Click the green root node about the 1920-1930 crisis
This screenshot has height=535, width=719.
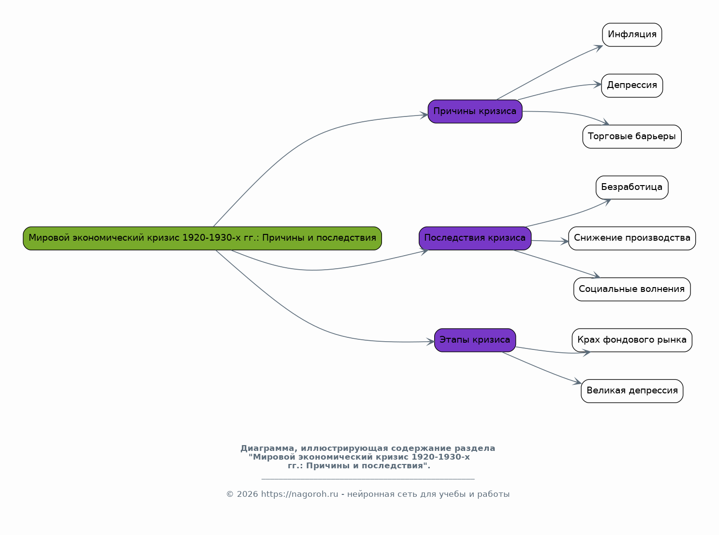point(202,238)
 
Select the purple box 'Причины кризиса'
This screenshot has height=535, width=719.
point(475,112)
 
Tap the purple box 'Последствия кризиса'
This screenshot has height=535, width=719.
point(475,238)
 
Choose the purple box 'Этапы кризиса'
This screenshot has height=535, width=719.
point(475,340)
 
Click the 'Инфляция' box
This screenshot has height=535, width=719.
point(632,35)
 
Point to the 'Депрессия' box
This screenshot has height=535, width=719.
point(632,86)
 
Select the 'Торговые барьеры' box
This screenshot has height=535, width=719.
point(632,137)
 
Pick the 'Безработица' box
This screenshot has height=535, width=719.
point(632,188)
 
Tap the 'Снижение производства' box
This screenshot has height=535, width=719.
point(632,238)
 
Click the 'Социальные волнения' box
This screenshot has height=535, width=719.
point(632,289)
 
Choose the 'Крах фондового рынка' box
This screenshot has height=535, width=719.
point(632,340)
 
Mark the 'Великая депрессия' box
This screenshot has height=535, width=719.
point(632,391)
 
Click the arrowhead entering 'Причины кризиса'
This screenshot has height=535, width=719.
point(424,115)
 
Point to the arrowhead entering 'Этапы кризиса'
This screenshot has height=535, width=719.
point(430,342)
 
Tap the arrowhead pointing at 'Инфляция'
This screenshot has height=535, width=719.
point(599,48)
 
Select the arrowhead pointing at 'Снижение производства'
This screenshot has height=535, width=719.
point(565,242)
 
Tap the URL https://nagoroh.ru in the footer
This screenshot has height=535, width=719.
point(299,494)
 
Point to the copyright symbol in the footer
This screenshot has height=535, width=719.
point(230,494)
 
